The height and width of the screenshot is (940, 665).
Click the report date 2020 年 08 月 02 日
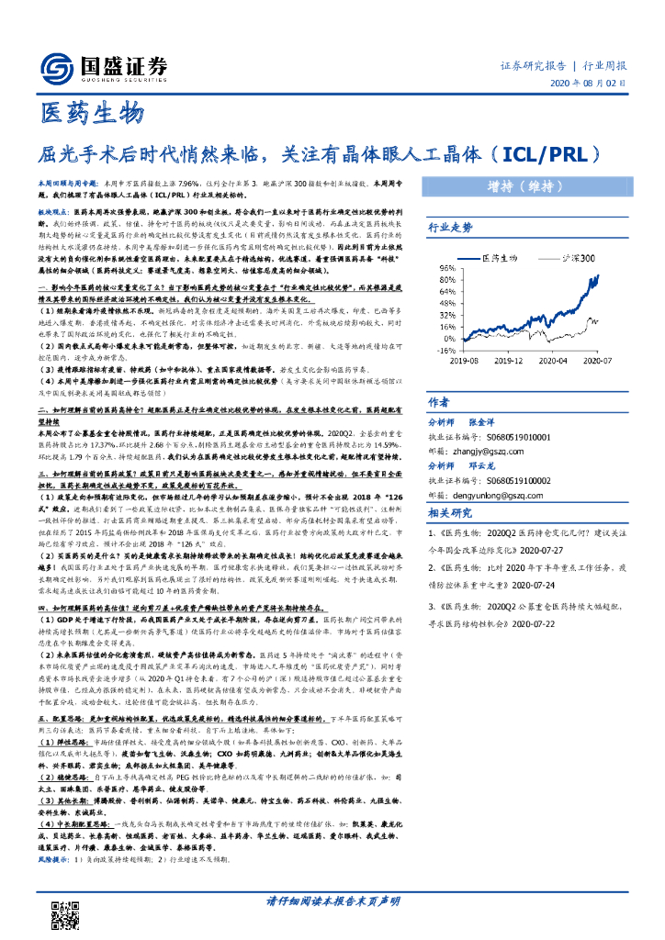click(588, 83)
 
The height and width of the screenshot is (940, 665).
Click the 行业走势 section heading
click(451, 227)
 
